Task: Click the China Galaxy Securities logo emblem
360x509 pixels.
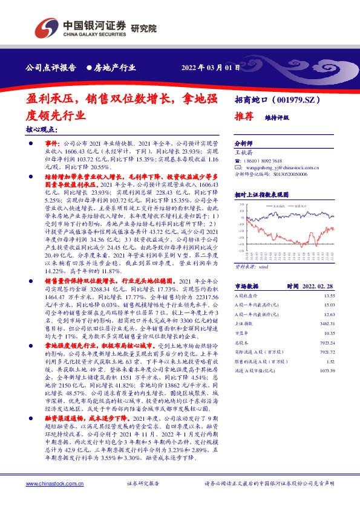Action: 46,27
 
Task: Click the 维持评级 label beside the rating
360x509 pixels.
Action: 277,120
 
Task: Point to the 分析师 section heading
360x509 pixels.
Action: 244,145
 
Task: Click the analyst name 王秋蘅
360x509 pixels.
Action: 244,154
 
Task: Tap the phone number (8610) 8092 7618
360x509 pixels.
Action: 265,161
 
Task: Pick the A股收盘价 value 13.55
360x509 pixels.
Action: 329,296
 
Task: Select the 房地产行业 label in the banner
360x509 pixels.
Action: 114,67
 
